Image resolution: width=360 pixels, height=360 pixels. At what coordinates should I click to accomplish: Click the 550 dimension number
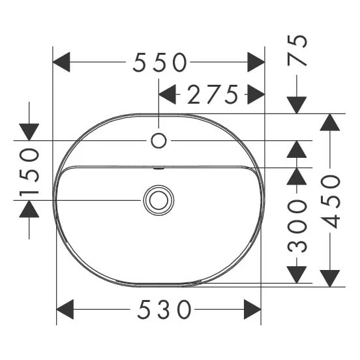[x=160, y=62]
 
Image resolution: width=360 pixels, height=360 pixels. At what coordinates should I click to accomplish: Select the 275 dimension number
[x=213, y=94]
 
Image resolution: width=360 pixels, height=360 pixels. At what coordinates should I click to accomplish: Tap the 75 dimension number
[x=297, y=50]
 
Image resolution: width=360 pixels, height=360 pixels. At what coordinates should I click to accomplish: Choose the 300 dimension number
[x=297, y=226]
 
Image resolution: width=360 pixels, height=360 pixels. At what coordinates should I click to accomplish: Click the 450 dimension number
[x=330, y=202]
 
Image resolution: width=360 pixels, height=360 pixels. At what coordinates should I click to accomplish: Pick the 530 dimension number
[x=164, y=310]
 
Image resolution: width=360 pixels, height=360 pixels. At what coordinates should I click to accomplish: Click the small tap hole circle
[x=158, y=140]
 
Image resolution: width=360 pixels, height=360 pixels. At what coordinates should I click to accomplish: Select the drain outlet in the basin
[x=158, y=200]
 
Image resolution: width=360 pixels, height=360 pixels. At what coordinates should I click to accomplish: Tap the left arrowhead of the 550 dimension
[x=61, y=62]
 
